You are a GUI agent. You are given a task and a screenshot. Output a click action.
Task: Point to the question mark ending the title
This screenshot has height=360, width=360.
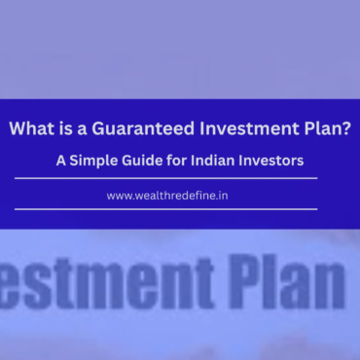pos(347,129)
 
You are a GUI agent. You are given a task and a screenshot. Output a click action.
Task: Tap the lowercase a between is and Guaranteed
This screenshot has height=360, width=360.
pos(81,130)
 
